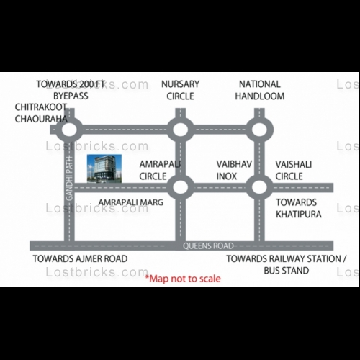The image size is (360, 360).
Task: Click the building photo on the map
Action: click(104, 168)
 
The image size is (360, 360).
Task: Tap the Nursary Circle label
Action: click(180, 90)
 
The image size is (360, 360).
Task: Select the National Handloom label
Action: click(260, 90)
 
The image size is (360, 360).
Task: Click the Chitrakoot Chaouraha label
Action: click(41, 113)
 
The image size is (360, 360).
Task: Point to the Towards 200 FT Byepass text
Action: click(71, 90)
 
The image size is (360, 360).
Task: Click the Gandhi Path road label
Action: click(69, 179)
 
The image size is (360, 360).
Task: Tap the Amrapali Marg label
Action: click(131, 202)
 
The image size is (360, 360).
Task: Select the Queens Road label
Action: click(208, 246)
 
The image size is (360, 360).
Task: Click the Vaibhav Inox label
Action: click(234, 170)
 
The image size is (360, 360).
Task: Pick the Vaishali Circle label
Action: click(294, 170)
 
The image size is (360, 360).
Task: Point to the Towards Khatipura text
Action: click(299, 208)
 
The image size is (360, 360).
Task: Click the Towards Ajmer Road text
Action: click(80, 258)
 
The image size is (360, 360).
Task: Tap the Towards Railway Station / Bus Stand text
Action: click(287, 264)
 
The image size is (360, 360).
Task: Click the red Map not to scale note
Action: click(183, 279)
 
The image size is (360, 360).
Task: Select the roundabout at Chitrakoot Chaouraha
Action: click(69, 130)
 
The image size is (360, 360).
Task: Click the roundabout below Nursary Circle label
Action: click(181, 130)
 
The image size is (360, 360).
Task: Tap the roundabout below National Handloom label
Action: click(259, 130)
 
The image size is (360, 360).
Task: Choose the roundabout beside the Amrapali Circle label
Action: click(181, 187)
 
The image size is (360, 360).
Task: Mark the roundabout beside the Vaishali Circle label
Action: click(259, 187)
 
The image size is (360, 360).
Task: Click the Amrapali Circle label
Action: click(160, 170)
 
